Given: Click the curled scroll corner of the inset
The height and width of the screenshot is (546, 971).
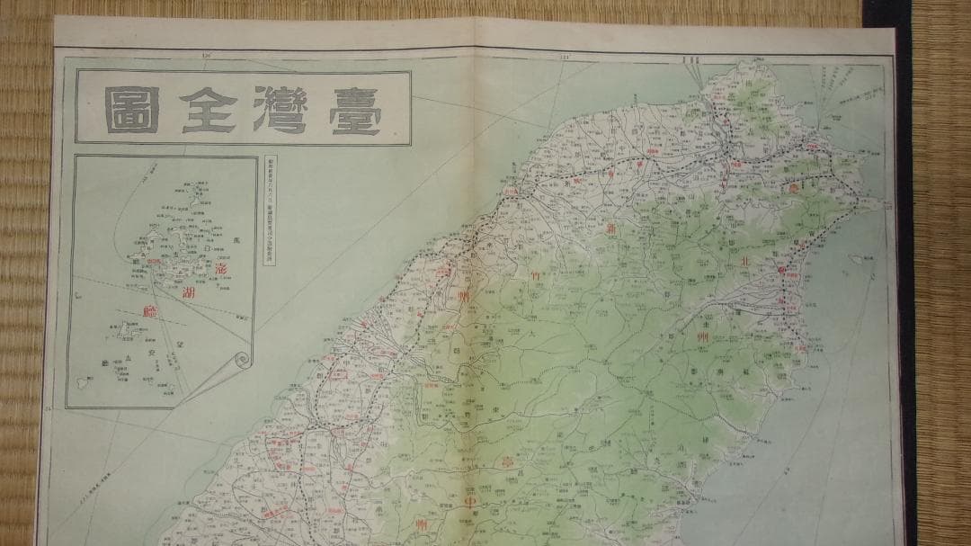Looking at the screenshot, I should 241,362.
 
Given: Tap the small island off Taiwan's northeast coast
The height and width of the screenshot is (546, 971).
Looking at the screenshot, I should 857,260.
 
